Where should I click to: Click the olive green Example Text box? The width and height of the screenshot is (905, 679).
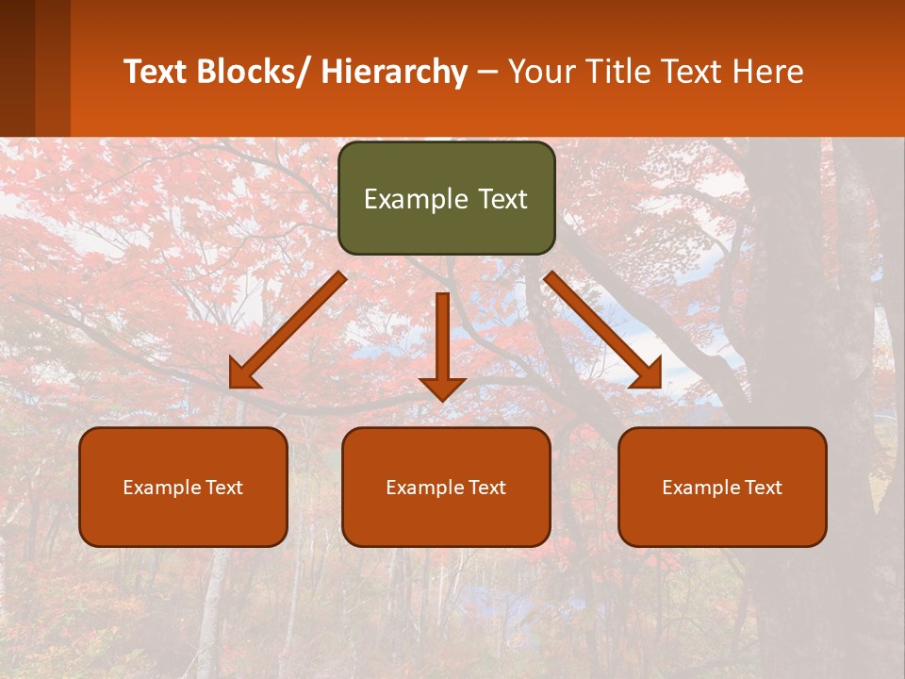[446, 198]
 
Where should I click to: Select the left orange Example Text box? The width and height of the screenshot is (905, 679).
[183, 487]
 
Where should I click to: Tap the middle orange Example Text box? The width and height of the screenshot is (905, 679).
[446, 487]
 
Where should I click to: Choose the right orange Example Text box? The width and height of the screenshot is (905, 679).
[722, 487]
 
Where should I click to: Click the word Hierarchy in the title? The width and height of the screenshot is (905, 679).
[393, 72]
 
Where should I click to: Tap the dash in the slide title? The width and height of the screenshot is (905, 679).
[486, 73]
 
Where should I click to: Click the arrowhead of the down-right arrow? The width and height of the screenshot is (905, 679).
[648, 375]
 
